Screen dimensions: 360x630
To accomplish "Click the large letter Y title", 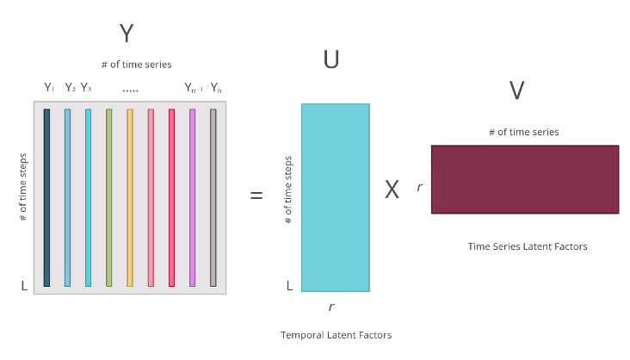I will pyautogui.click(x=127, y=33).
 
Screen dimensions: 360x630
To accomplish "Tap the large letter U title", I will pyautogui.click(x=331, y=59).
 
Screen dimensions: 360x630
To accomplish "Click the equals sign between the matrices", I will pyautogui.click(x=256, y=196).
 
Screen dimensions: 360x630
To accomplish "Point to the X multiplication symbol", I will pyautogui.click(x=392, y=190).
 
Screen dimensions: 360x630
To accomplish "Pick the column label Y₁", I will pyautogui.click(x=49, y=87).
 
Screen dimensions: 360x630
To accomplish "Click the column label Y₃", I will pyautogui.click(x=86, y=87).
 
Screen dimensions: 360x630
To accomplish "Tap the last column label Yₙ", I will pyautogui.click(x=216, y=87).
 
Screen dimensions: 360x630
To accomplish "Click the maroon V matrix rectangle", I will pyautogui.click(x=524, y=179).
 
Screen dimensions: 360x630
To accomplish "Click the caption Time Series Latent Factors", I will pyautogui.click(x=527, y=246).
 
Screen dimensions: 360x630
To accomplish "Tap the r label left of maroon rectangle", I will pyautogui.click(x=419, y=188).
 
